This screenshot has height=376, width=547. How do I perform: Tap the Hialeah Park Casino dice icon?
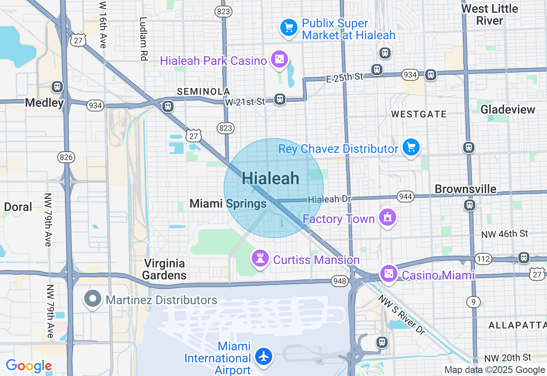[x=279, y=60]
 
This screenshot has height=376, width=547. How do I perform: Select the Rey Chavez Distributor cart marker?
[x=411, y=147]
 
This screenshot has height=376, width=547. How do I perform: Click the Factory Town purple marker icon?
[x=388, y=217]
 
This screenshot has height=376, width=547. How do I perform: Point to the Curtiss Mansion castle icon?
[x=260, y=258]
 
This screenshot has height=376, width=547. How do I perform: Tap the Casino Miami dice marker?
[x=389, y=274]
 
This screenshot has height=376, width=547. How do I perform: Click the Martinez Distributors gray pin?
[x=93, y=299]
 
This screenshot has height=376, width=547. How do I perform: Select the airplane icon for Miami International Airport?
[x=264, y=356]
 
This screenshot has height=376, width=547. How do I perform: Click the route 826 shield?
[x=66, y=157]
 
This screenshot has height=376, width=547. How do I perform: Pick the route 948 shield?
[x=339, y=281]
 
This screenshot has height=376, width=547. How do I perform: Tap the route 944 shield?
[x=405, y=197]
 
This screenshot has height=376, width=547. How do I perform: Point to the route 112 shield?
[x=483, y=258]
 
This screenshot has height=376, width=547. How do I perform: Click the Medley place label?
[x=44, y=103]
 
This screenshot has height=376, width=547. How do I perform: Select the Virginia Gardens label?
[x=165, y=269]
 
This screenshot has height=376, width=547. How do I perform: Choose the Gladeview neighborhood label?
[x=508, y=110]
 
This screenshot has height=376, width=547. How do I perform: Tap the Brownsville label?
[x=465, y=189]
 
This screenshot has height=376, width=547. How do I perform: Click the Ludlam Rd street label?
[x=143, y=38]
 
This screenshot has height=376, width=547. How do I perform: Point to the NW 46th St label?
[x=505, y=234]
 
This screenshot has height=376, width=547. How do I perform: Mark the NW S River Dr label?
[x=402, y=314]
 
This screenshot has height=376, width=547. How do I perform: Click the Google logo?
[x=29, y=366]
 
